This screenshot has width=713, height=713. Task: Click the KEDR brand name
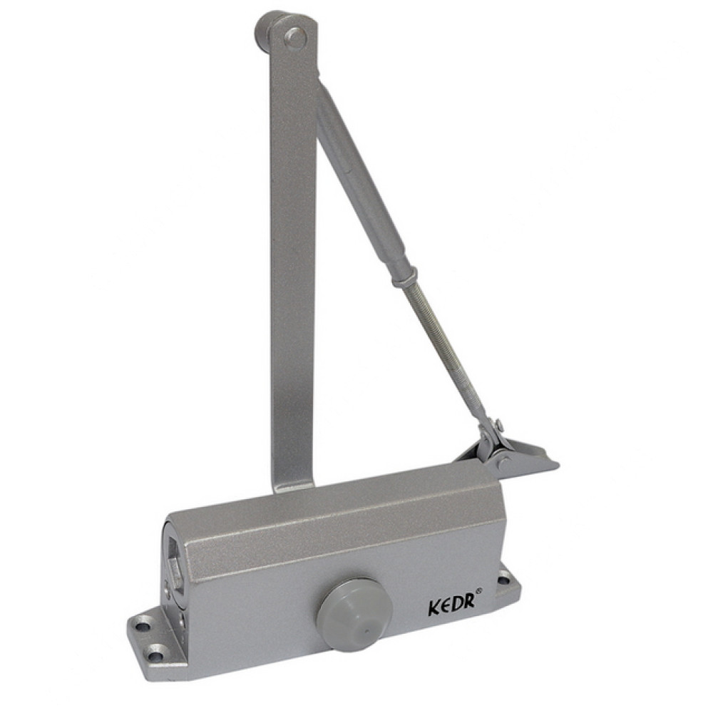452,602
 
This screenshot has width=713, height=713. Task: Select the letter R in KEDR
470,600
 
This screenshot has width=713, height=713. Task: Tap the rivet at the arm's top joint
296,37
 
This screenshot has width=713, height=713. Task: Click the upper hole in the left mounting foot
144,626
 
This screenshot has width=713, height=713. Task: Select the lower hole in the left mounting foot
155,655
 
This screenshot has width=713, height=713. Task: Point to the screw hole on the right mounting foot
503,580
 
